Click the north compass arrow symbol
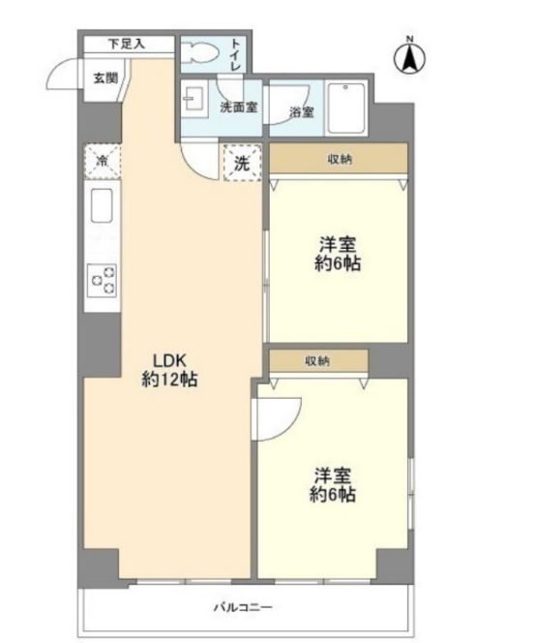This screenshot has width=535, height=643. point(409,57)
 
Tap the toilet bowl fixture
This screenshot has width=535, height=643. point(198,53)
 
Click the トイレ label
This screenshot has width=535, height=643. point(236,55)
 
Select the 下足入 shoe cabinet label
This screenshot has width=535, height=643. point(127,44)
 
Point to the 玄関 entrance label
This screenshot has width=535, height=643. point(105,77)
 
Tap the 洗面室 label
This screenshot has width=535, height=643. point(239,107)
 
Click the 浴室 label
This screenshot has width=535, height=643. point(302,111)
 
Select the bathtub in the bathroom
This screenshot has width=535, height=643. point(346,108)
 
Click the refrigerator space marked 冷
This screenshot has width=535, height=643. point(102,161)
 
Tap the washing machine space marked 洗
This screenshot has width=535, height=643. point(243,163)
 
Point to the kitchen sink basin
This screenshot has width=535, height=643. point(102,205)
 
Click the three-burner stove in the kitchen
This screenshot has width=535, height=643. point(103,281)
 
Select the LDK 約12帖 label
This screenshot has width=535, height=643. point(170,370)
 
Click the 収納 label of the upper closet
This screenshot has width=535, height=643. point(340,159)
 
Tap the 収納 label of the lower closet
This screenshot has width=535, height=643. point(317,361)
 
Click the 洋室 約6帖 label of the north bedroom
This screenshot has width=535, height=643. point(338,255)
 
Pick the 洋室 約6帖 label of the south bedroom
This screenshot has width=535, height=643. point(332,485)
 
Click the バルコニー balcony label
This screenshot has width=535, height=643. point(244,606)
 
